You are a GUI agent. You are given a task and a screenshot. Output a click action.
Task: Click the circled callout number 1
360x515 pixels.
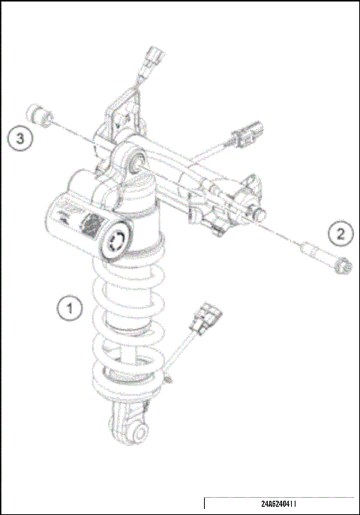click(71, 307)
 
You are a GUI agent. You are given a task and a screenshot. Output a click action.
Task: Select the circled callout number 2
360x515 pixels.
click(341, 232)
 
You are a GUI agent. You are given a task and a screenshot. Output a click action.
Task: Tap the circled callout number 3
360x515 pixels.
click(20, 138)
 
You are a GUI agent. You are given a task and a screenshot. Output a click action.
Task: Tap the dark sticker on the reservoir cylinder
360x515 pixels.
click(91, 225)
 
